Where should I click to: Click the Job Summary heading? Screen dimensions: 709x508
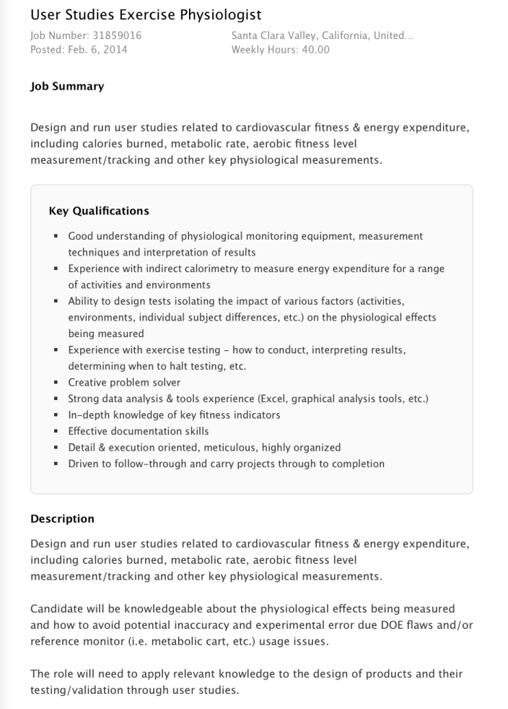coord(67,86)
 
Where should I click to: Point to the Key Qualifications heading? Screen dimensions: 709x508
coord(99,211)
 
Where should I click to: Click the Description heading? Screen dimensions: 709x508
coord(62,518)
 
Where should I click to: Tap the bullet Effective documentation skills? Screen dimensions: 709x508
coord(139,431)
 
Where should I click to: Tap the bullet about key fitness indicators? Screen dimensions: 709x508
coord(174,415)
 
